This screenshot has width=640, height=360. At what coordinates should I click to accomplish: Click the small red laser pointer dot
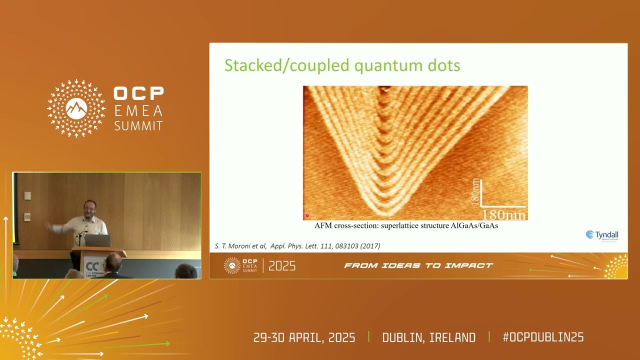[307, 216]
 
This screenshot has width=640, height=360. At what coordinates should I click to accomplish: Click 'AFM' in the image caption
[323, 226]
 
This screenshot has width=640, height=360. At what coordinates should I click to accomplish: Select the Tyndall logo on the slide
[602, 235]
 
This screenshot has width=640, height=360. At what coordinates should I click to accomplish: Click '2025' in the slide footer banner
[282, 266]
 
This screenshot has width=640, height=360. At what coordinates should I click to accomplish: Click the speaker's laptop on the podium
[98, 240]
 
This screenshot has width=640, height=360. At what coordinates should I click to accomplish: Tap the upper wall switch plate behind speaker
[27, 196]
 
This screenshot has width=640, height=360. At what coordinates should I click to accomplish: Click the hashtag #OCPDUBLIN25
[543, 337]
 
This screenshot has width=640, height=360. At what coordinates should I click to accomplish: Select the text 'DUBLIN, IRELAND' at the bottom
[428, 337]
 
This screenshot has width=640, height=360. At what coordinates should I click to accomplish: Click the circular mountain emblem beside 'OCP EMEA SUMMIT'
[76, 108]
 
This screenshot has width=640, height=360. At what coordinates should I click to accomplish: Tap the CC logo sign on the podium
[91, 265]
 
